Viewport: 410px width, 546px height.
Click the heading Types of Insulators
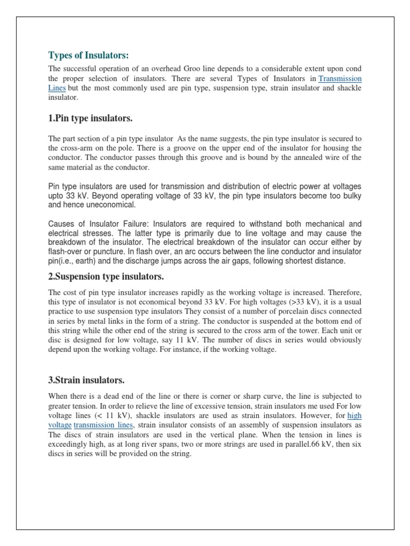coord(89,55)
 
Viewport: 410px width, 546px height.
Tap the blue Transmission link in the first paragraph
coord(340,79)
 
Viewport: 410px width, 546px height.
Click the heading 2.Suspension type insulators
coord(106,276)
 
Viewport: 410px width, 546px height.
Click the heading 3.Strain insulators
coord(86,380)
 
